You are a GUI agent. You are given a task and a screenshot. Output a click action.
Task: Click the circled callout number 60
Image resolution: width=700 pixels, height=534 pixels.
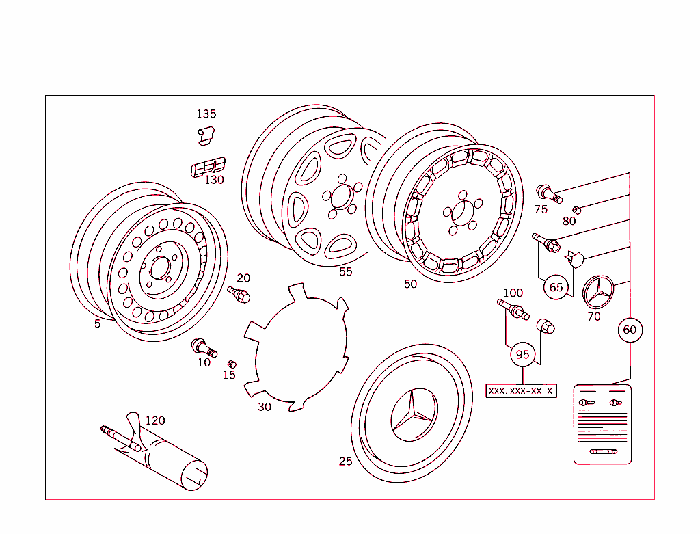tap(629, 330)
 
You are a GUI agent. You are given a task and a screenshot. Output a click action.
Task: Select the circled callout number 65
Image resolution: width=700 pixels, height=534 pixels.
tap(556, 287)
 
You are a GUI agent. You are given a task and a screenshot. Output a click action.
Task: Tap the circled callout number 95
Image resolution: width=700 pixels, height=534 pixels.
tap(522, 354)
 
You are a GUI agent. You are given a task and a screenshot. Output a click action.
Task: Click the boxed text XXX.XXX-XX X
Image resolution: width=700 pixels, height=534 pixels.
tap(521, 390)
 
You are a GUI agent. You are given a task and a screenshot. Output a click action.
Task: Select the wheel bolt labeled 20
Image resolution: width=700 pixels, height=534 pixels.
tap(240, 295)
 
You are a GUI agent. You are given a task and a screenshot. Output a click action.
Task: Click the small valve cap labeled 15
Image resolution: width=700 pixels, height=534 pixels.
tap(231, 364)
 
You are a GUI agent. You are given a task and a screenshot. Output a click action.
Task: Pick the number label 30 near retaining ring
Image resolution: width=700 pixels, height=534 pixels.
tap(264, 407)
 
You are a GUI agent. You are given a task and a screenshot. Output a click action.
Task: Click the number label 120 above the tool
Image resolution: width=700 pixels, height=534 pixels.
tap(155, 420)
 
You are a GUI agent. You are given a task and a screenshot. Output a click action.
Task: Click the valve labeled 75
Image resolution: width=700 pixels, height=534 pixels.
tap(548, 193)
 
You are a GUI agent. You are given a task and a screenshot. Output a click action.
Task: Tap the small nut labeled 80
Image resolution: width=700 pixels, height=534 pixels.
tap(576, 210)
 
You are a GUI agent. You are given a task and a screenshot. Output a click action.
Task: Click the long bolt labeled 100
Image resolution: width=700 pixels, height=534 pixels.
tap(513, 309)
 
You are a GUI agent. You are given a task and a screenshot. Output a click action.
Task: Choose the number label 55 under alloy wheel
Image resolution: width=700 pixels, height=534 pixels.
tap(346, 271)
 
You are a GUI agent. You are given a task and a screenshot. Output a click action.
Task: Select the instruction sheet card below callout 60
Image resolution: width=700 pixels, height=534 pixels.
tap(602, 424)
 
